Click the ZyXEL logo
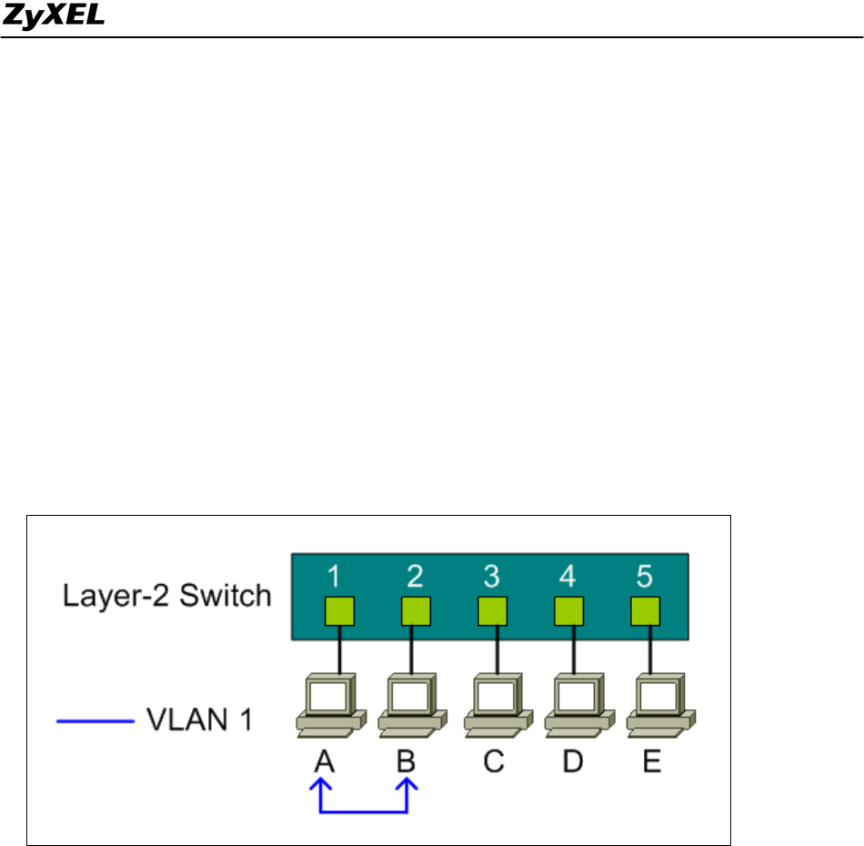pos(54,17)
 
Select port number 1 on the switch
pos(334,576)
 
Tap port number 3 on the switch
pos(491,576)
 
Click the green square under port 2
pos(415,610)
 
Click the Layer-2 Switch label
pos(166,596)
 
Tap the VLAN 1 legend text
pos(198,723)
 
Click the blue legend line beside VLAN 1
pos(95,723)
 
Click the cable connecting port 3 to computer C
pos(493,648)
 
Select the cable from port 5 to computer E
pos(649,648)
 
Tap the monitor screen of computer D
pos(569,695)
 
